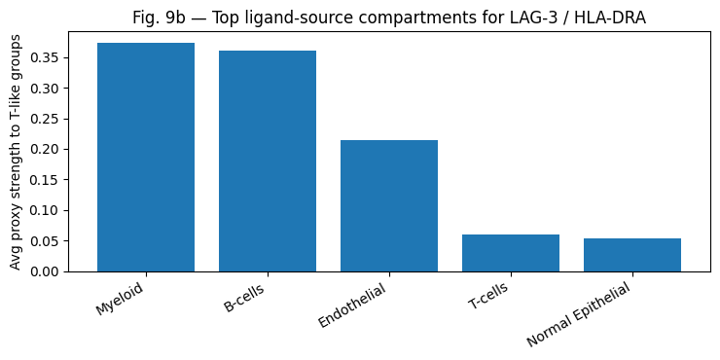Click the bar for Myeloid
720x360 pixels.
[x=146, y=158]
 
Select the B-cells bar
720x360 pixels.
[x=268, y=162]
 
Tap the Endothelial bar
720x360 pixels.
[x=389, y=206]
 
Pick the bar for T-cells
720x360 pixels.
[x=511, y=253]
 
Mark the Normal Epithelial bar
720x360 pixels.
[x=632, y=255]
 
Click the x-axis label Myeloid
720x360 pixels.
[x=120, y=298]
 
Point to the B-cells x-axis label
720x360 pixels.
[x=244, y=297]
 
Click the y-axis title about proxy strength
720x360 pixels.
[x=16, y=151]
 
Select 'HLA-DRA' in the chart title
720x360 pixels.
[x=609, y=18]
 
